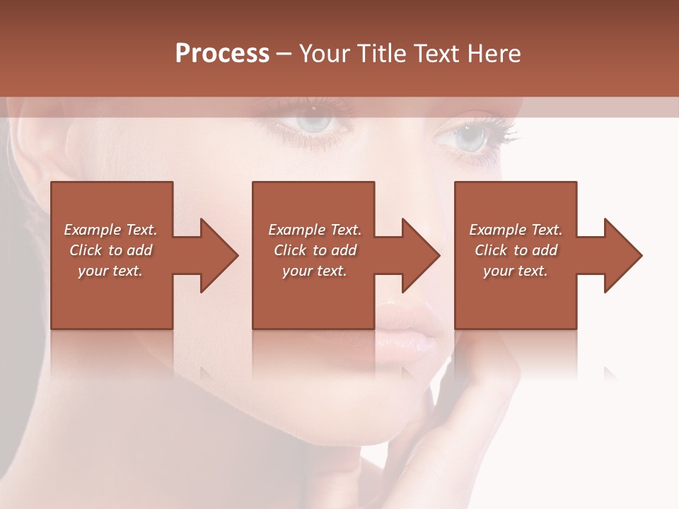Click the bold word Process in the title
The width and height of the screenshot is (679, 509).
pos(222,53)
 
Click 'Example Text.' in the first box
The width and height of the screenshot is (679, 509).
pos(110,230)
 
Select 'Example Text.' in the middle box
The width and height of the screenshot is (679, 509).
pos(315,230)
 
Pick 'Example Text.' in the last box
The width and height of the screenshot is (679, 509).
pos(516,230)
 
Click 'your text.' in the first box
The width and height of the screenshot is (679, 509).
pos(110,271)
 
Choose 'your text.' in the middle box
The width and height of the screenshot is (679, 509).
pos(315,271)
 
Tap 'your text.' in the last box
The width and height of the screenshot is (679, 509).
pos(516,271)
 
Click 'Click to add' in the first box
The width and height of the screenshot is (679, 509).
pos(110,250)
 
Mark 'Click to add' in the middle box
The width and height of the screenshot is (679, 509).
pos(315,250)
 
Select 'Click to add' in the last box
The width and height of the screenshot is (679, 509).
pos(516,250)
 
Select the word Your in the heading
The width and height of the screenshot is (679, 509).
pos(323,53)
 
